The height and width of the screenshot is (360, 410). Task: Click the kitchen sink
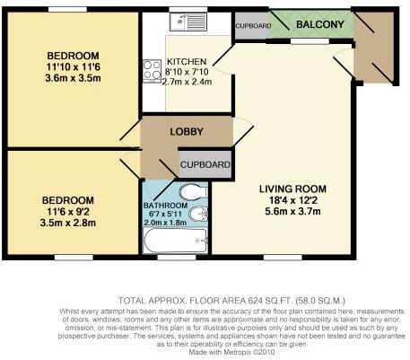coord(188,22)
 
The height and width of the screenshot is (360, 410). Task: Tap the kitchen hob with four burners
coord(152,71)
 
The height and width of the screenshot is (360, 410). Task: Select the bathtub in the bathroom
coord(176,241)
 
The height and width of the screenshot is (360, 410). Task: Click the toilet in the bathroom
coord(194,191)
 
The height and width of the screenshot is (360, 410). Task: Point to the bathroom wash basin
coord(198,214)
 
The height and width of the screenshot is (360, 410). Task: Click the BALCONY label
coord(320,24)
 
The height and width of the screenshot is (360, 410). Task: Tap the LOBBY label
coord(187,131)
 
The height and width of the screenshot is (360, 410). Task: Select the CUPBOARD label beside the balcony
coord(253,26)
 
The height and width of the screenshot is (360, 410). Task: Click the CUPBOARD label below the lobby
coord(205,164)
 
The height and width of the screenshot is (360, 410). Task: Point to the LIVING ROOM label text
coord(292,189)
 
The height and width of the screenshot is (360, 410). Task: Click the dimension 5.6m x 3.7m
coord(292,211)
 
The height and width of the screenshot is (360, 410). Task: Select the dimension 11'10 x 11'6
coord(74,66)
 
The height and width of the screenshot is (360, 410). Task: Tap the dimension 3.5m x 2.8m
coord(68,223)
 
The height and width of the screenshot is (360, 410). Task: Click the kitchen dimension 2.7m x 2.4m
coord(187,82)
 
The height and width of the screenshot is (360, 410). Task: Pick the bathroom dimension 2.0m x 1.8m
coord(165,223)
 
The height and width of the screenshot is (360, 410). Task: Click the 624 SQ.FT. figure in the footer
coord(271,300)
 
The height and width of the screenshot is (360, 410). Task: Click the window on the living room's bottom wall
coord(283,258)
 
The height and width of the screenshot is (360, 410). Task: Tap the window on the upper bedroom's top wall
coord(67,9)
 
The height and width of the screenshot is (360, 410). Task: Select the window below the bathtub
coord(177,258)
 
